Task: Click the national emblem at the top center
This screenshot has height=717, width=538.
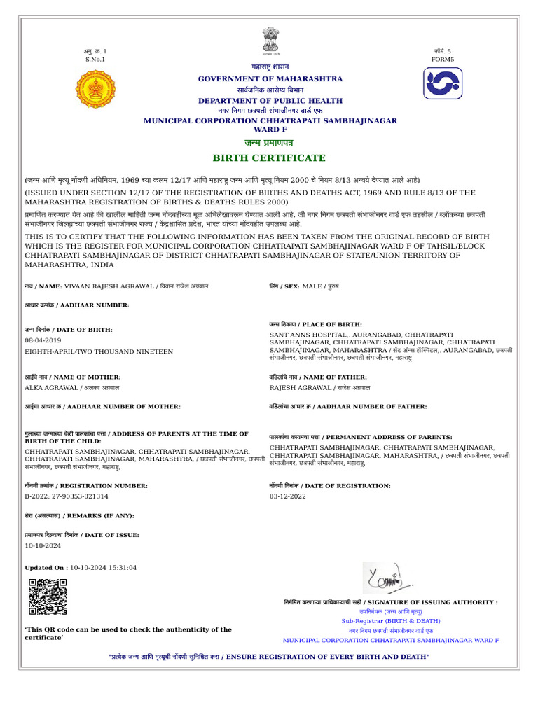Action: pyautogui.click(x=270, y=40)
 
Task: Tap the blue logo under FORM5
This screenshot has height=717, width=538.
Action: pyautogui.click(x=442, y=83)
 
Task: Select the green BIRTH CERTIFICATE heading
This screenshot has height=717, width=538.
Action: pyautogui.click(x=270, y=158)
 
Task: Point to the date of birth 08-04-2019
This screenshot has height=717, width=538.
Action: pyautogui.click(x=43, y=340)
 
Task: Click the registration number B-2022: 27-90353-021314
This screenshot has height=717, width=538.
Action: pyautogui.click(x=67, y=496)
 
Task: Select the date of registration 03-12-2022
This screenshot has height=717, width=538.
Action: pyautogui.click(x=288, y=496)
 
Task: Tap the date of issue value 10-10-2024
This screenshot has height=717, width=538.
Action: pyautogui.click(x=43, y=545)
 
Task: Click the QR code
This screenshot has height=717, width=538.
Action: pyautogui.click(x=48, y=597)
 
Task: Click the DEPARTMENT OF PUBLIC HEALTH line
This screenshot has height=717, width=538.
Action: pyautogui.click(x=270, y=101)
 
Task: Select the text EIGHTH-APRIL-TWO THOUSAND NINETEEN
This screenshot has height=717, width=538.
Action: pyautogui.click(x=98, y=351)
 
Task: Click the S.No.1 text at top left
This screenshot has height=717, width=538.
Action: pyautogui.click(x=95, y=60)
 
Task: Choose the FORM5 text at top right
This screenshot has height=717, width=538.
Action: pyautogui.click(x=442, y=60)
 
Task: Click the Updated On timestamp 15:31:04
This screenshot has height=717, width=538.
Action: pyautogui.click(x=123, y=568)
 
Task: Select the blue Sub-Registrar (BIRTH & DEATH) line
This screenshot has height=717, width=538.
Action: pyautogui.click(x=391, y=621)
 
